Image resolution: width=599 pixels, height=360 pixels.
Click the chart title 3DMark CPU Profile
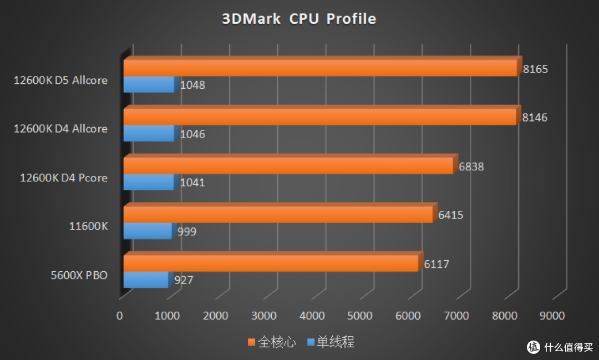click(x=299, y=19)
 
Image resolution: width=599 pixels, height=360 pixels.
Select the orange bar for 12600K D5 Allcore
click(x=320, y=68)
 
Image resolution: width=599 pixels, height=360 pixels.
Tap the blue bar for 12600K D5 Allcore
click(x=149, y=84)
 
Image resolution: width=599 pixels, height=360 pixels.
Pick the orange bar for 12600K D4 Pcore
click(x=288, y=166)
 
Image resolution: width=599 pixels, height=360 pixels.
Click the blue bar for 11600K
click(x=148, y=231)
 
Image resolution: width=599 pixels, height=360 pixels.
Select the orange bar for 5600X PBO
click(x=271, y=263)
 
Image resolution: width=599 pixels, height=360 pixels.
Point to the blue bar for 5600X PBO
click(x=145, y=280)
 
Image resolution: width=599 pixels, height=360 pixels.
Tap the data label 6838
click(x=471, y=166)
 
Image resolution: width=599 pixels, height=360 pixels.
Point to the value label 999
click(x=186, y=231)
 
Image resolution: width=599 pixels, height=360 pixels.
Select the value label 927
click(x=183, y=280)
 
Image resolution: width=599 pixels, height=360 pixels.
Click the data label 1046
click(x=192, y=134)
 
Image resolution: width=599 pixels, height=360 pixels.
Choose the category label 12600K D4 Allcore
click(x=61, y=129)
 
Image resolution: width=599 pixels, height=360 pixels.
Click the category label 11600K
click(x=88, y=226)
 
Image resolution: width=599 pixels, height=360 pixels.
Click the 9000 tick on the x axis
click(x=552, y=316)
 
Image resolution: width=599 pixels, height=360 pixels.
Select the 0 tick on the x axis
click(x=120, y=316)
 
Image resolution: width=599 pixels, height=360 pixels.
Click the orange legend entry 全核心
click(x=272, y=342)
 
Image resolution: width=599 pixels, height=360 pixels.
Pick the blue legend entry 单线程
click(x=331, y=342)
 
